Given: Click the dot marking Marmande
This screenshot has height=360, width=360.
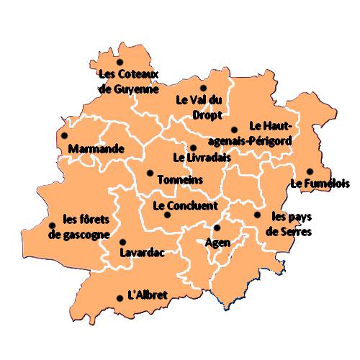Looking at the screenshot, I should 64,135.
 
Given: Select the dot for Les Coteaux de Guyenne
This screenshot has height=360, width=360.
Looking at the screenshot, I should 120,62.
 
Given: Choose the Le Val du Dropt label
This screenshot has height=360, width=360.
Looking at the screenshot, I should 200,107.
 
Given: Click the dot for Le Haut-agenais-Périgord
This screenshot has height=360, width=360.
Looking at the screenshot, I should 234,130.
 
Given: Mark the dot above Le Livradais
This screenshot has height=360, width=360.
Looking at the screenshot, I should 192,148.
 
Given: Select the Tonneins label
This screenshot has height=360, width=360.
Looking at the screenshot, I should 179,179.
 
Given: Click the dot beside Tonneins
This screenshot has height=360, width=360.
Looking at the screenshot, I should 150,173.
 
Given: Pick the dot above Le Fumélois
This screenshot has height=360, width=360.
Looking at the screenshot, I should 309,171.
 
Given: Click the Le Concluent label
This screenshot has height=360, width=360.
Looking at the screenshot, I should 185,205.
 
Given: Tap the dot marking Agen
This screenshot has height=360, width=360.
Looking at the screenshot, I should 217,228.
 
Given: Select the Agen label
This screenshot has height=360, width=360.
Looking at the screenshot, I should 217,243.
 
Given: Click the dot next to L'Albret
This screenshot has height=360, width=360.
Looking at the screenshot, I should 119,298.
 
